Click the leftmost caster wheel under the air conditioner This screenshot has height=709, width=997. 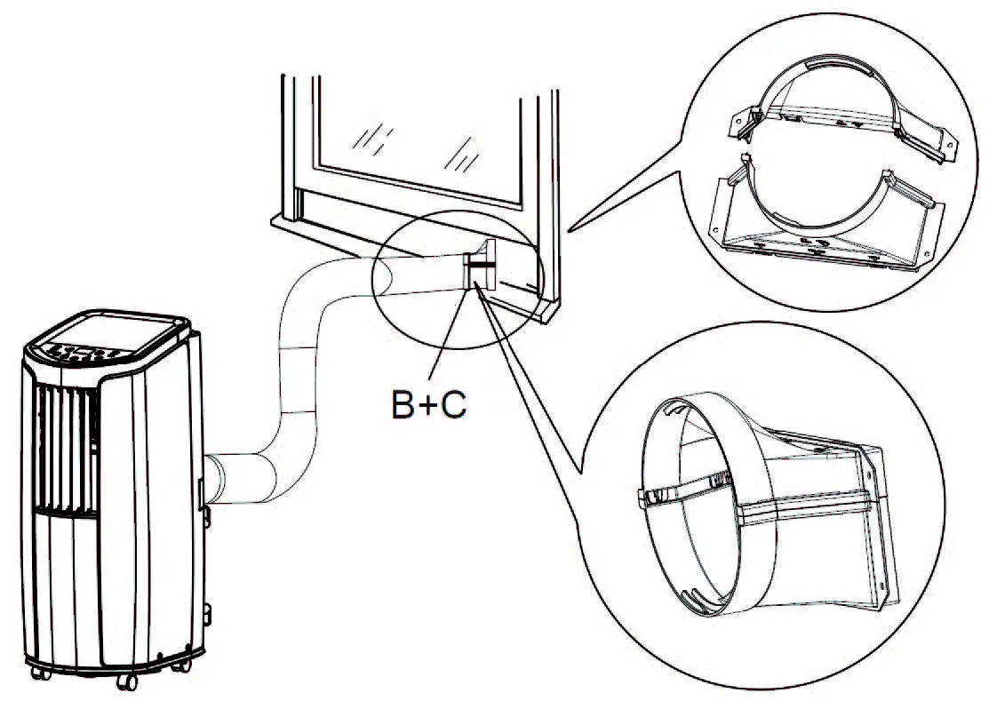coord(40,673)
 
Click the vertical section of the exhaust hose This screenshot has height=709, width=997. coord(298,373)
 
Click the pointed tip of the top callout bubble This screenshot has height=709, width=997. coord(569,230)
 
